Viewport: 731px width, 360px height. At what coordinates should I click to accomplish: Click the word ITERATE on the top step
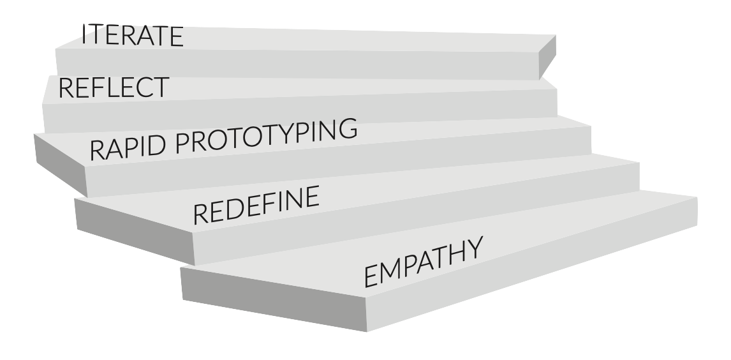point(133,36)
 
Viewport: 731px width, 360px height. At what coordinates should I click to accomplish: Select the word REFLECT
point(114,87)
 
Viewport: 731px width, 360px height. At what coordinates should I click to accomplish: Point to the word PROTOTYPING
point(266,135)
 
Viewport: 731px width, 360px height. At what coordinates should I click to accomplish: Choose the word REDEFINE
point(256,206)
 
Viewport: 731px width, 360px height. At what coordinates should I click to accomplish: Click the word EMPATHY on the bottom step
point(422,261)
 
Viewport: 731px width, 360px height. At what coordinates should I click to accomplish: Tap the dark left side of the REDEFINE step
point(134,230)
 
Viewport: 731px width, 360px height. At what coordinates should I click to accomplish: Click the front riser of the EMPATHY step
point(529,268)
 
